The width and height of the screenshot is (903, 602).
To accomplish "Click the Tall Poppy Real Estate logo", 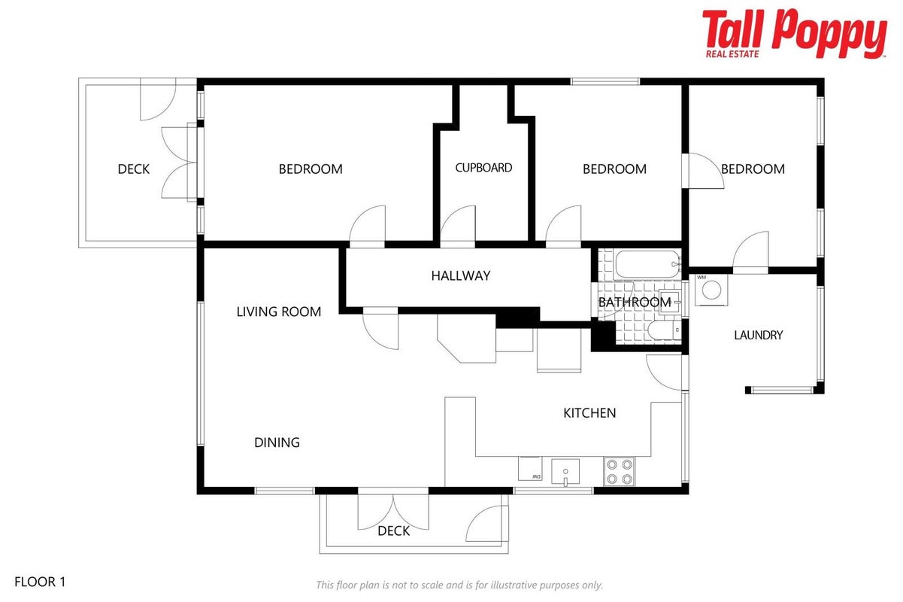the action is coord(794,34).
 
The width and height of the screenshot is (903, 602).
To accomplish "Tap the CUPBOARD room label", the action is coord(483,168).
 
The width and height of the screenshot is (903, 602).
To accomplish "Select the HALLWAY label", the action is coord(461,276).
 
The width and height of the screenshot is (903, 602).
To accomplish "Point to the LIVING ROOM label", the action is coord(278,312).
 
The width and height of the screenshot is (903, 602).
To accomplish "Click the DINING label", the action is coord(277,442).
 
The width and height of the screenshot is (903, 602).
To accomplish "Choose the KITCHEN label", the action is coord(589,413).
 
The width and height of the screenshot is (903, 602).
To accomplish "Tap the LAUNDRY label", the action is coord(759,336).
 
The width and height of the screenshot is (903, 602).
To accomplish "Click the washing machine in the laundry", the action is coord(711,290).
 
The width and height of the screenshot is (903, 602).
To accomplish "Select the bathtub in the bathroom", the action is coord(647,265).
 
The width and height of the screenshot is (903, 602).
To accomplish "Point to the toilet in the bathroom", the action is coord(664,331).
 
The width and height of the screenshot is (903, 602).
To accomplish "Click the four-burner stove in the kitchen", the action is coord(619,472).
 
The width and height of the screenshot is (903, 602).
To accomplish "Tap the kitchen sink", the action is coord(565,472).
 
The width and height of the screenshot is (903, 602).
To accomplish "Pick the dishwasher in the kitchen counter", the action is coord(530,469).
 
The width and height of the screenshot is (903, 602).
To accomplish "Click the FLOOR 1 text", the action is coord(40,582).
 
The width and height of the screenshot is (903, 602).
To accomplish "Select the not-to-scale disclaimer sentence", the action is coord(459,585).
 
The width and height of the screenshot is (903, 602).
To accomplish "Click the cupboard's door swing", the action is coord(458,225).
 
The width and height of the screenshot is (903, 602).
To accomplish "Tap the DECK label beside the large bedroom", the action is coord(133,169).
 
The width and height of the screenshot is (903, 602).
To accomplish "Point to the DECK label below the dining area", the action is coord(393,531).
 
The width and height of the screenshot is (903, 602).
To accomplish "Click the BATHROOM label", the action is coord(635,303).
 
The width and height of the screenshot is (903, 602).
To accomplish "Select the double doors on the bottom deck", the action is coord(393,509).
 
